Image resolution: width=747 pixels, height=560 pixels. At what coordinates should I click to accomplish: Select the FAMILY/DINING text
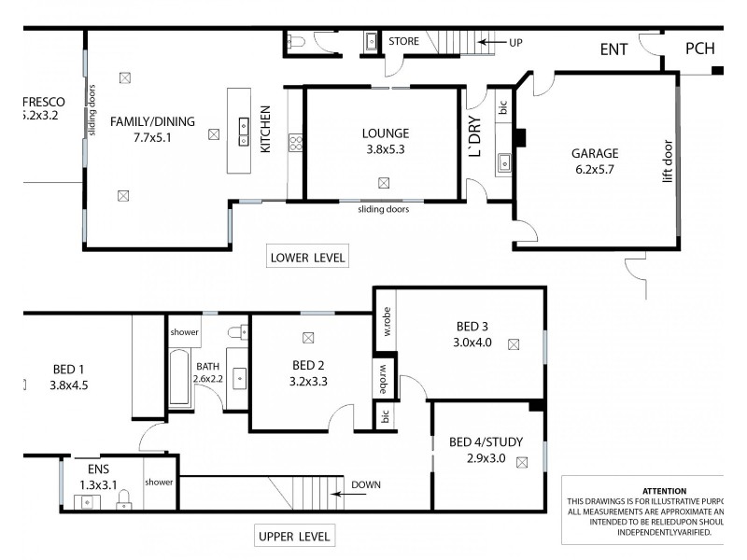[x=152, y=121]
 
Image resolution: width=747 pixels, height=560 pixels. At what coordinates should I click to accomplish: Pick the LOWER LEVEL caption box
[x=307, y=258]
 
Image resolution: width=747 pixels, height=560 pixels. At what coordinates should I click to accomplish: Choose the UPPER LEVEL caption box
[x=293, y=537]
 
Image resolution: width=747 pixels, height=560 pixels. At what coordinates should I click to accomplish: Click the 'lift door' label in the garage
[x=667, y=161]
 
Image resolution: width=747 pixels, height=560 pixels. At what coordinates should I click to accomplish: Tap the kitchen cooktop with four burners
[x=295, y=143]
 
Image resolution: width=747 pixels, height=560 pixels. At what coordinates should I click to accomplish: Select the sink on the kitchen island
[x=244, y=126]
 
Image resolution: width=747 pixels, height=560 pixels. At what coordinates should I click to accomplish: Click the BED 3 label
[x=472, y=327]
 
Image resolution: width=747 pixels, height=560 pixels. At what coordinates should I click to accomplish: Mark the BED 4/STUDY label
[x=486, y=441]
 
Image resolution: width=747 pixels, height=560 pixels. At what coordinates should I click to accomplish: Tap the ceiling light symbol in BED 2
[x=308, y=338]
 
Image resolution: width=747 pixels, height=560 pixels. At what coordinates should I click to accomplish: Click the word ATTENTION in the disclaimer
[x=664, y=491]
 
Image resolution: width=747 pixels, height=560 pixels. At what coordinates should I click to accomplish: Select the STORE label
[x=403, y=41]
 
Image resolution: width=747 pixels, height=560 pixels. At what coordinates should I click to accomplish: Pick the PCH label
[x=700, y=49]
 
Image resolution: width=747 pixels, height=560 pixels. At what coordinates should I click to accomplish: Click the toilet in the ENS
[x=123, y=503]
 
